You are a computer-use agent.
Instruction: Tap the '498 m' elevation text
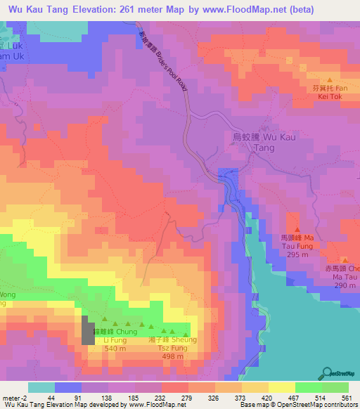pos(172,356)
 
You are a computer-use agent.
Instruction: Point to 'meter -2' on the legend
pos(14,397)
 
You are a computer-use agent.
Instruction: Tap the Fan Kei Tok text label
pos(330,93)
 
